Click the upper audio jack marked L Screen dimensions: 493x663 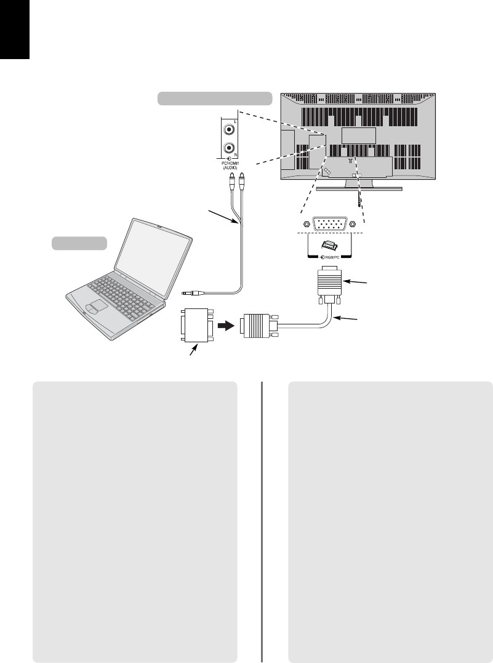click(x=230, y=129)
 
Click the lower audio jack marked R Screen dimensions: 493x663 click(x=230, y=148)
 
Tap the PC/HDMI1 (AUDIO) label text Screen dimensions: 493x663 click(x=229, y=164)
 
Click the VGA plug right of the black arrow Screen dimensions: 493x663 click(x=259, y=326)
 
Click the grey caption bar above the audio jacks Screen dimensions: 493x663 click(x=215, y=98)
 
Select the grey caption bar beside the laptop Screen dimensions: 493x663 click(x=78, y=243)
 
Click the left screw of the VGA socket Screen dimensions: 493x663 click(x=304, y=225)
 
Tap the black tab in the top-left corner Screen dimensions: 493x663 click(x=15, y=29)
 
